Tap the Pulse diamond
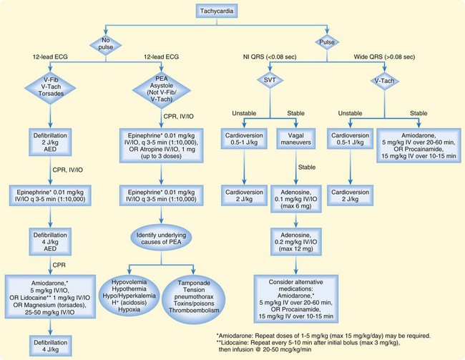click(328, 42)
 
